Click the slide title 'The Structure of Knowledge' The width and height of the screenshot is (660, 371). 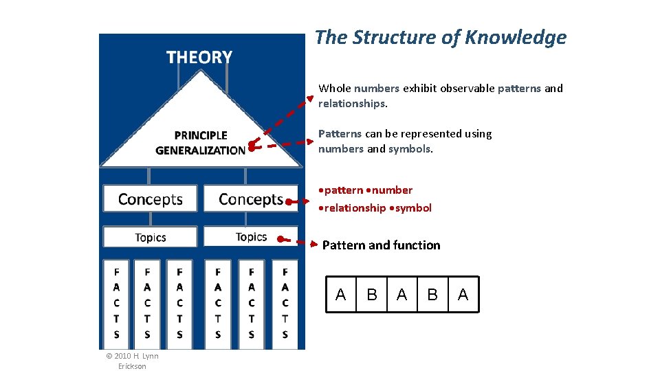[x=441, y=38]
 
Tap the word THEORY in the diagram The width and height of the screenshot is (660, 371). [x=199, y=58]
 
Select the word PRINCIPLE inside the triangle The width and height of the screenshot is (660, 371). [x=201, y=135]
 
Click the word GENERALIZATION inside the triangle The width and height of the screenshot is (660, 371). [x=200, y=150]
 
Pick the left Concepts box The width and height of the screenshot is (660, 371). [x=150, y=199]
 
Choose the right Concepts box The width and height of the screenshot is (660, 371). [x=251, y=199]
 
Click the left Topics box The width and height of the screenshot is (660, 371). [x=150, y=238]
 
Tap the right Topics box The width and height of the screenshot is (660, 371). [x=251, y=237]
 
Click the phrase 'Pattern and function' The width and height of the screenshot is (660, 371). [x=381, y=245]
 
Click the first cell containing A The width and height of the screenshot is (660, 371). [x=340, y=295]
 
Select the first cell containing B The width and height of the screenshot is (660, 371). [x=372, y=295]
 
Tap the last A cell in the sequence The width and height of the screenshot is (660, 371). [x=463, y=295]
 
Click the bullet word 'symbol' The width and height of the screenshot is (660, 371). [x=413, y=208]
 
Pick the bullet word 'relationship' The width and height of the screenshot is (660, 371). [x=355, y=208]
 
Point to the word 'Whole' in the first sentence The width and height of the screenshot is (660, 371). [x=334, y=88]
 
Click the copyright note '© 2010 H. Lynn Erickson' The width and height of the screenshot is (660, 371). [x=132, y=361]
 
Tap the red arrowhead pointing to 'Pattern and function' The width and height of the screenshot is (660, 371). [x=314, y=244]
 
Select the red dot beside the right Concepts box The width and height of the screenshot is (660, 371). [x=289, y=202]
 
